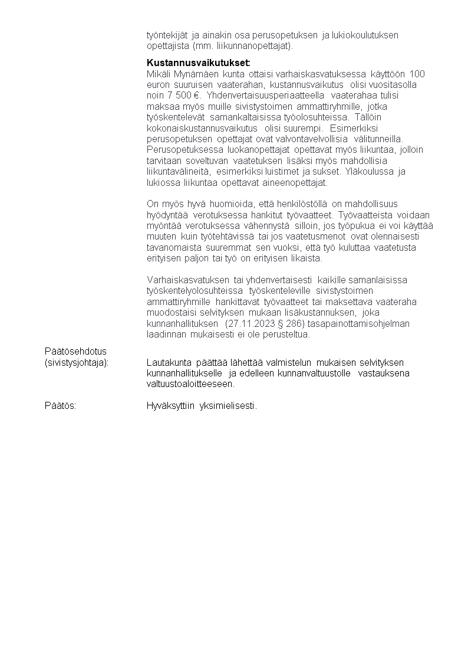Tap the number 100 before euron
tap(417, 74)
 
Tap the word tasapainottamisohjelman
tap(358, 323)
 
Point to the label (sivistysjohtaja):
tap(77, 362)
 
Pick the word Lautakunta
tap(169, 362)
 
